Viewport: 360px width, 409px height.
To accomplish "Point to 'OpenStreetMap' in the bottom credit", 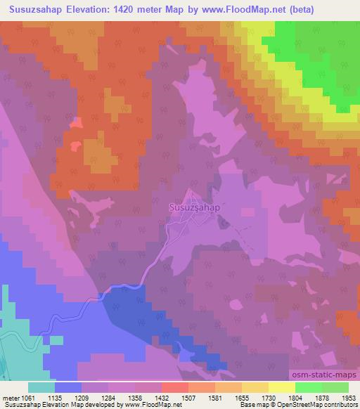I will click(x=309, y=405).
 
